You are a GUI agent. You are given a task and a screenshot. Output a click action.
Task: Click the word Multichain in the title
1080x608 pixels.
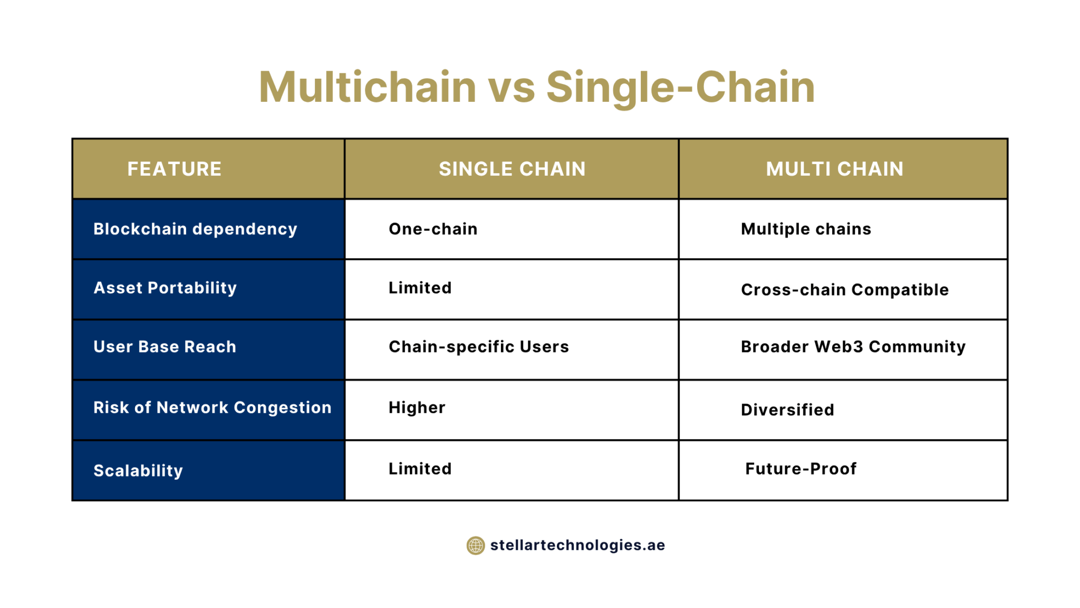[x=368, y=87]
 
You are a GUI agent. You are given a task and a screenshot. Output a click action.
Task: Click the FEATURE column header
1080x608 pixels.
[x=174, y=169]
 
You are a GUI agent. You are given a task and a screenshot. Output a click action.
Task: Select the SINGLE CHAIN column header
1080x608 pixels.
[x=512, y=169]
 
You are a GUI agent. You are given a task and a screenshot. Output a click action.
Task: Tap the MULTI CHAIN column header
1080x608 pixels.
[x=834, y=169]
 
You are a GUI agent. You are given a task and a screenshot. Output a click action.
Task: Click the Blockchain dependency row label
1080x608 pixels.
[x=195, y=229]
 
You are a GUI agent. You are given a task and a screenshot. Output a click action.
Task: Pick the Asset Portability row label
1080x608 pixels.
[x=165, y=288]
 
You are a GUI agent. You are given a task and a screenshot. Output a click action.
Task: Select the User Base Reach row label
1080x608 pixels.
[x=165, y=347]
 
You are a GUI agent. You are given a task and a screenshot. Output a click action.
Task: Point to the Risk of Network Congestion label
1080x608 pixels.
[x=212, y=407]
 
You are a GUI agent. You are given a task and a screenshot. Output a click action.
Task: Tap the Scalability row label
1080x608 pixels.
[x=138, y=470]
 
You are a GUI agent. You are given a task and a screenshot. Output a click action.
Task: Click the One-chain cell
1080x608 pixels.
[x=433, y=229]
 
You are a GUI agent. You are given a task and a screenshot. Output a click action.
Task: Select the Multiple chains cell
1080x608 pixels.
[x=806, y=229]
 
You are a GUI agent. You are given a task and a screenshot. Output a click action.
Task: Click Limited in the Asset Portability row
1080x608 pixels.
[x=420, y=288]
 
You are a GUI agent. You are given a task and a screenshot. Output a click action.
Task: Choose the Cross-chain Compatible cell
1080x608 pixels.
[x=844, y=290]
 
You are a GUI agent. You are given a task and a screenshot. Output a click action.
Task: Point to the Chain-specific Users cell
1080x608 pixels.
[x=478, y=347]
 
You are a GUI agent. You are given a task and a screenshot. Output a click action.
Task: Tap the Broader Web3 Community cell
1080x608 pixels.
[x=853, y=347]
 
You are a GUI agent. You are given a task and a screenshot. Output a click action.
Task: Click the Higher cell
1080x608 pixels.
[x=417, y=407]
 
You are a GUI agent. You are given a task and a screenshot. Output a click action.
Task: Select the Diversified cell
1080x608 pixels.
[x=787, y=410]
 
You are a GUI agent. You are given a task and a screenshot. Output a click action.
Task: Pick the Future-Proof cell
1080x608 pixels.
[x=801, y=469]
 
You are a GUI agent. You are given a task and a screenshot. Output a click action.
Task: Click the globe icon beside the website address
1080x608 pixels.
[x=475, y=545]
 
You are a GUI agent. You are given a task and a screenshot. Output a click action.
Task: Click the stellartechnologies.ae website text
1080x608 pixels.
[x=577, y=545]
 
